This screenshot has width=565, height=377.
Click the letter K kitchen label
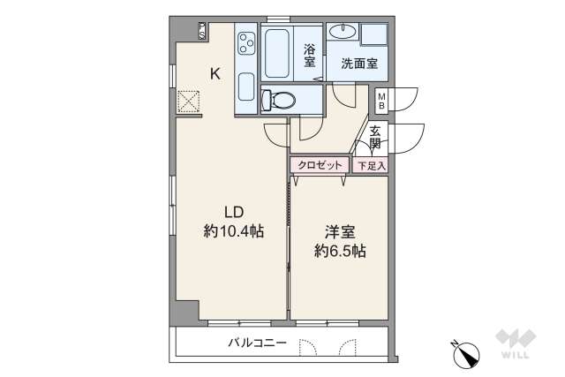point(215,74)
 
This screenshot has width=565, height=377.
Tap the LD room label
point(233,212)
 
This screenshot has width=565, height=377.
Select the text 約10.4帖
point(234,231)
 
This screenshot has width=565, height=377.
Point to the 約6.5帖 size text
point(340,251)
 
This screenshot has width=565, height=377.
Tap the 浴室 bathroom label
point(310,56)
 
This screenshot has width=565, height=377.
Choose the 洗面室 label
point(359,64)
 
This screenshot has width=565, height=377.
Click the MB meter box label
point(381,100)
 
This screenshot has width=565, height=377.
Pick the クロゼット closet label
point(319,165)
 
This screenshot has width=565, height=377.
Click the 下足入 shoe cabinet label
point(370,165)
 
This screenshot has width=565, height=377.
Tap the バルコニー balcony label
point(257,342)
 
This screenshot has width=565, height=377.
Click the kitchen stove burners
point(245,42)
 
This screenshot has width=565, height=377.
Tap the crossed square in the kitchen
point(189,102)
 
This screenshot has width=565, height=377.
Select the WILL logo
point(515,345)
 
